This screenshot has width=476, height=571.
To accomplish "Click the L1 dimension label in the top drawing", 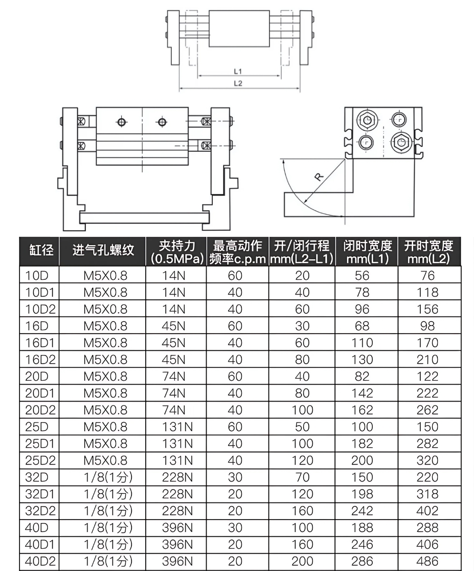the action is tap(238, 71).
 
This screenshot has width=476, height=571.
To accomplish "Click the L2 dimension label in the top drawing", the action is tap(238, 83).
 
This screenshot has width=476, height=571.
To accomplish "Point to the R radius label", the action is tap(319, 177).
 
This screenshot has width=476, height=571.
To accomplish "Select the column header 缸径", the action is tap(41, 250).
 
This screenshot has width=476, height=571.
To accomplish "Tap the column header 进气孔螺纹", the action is tap(103, 250).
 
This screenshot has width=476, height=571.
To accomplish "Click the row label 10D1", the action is tap(40, 292).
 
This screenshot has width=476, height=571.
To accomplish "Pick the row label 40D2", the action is tap(40, 561).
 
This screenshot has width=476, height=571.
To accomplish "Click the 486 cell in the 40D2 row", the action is tap(427, 561).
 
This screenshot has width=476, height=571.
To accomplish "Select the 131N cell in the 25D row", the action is tap(177, 427).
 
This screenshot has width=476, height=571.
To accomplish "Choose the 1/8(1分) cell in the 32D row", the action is tap(108, 477).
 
